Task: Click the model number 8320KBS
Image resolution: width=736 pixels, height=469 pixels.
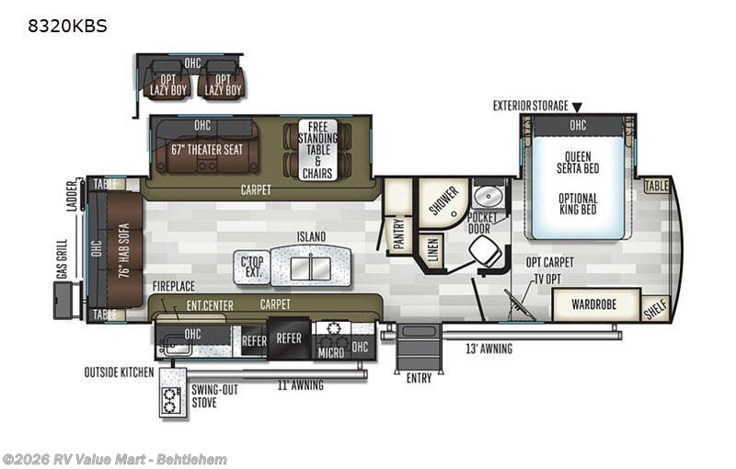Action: [67, 26]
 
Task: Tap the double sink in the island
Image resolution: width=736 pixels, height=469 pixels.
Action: [310, 269]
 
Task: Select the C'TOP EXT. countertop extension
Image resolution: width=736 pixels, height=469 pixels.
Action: [252, 268]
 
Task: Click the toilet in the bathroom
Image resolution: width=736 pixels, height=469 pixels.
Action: [486, 252]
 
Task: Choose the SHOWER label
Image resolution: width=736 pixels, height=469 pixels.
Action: [443, 200]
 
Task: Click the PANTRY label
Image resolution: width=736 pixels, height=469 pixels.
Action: [399, 233]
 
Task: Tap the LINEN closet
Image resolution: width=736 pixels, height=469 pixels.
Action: [432, 249]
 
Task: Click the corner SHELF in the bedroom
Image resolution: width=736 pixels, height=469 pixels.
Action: [656, 309]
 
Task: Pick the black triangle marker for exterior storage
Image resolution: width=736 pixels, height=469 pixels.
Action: [577, 108]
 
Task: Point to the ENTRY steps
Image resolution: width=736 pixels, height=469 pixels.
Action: [419, 348]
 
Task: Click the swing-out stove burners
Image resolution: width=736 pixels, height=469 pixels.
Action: [170, 400]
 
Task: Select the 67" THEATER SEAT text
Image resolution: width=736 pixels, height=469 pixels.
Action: [207, 150]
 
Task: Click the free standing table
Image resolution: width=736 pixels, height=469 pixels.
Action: [317, 150]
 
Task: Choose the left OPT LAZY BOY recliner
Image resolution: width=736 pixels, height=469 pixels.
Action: [167, 80]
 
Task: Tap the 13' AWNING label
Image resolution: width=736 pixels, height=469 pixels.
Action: [489, 349]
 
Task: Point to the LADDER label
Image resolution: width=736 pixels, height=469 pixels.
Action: [72, 196]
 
